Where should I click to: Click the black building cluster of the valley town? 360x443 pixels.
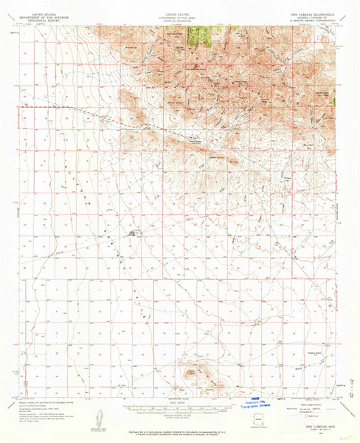(x=134, y=234)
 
